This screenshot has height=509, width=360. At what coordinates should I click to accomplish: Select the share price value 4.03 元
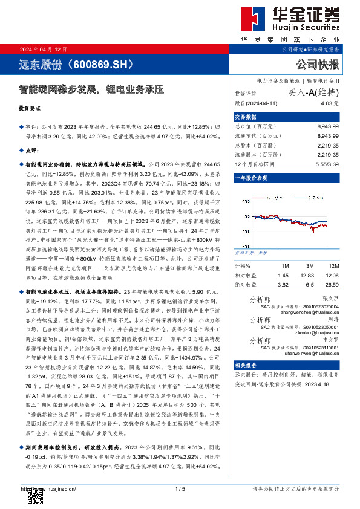click(x=330, y=103)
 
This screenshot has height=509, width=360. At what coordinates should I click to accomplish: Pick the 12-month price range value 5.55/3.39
click(x=327, y=164)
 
